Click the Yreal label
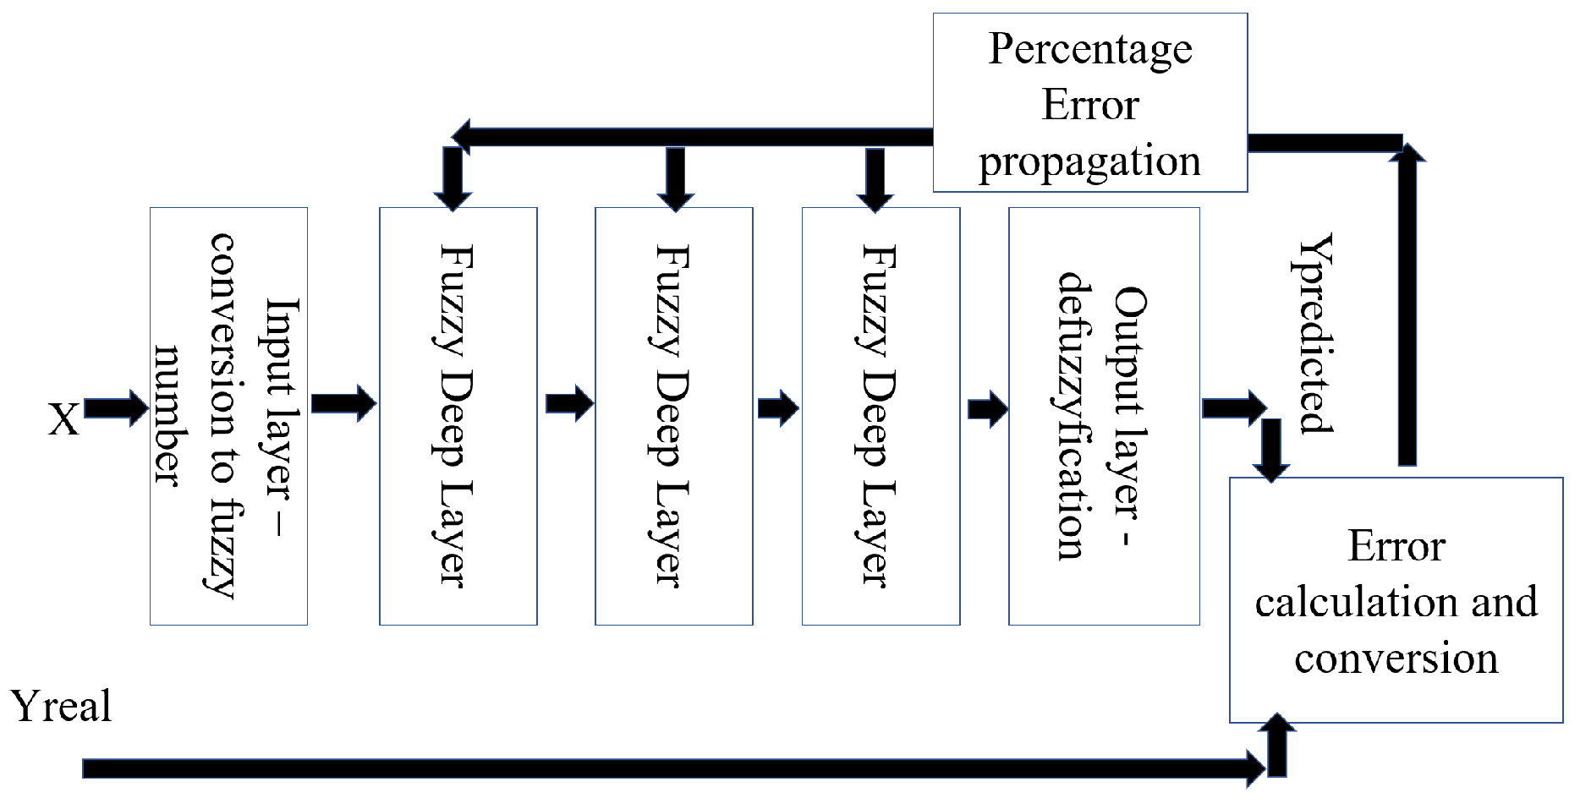[61, 707]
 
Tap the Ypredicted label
[1315, 334]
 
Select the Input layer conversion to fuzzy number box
[228, 416]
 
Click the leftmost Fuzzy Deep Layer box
[458, 416]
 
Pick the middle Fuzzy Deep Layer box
[673, 416]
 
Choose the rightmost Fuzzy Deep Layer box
[881, 416]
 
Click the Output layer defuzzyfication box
[1104, 416]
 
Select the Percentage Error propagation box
[1090, 103]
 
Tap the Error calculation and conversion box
[1396, 600]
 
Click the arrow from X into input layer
[116, 408]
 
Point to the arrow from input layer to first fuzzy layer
[343, 403]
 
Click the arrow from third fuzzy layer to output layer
[987, 410]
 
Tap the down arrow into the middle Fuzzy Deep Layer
[675, 178]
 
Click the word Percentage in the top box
[1090, 49]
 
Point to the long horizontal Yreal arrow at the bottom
[668, 768]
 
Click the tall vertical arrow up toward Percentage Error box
[1407, 304]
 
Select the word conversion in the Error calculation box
[1396, 659]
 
